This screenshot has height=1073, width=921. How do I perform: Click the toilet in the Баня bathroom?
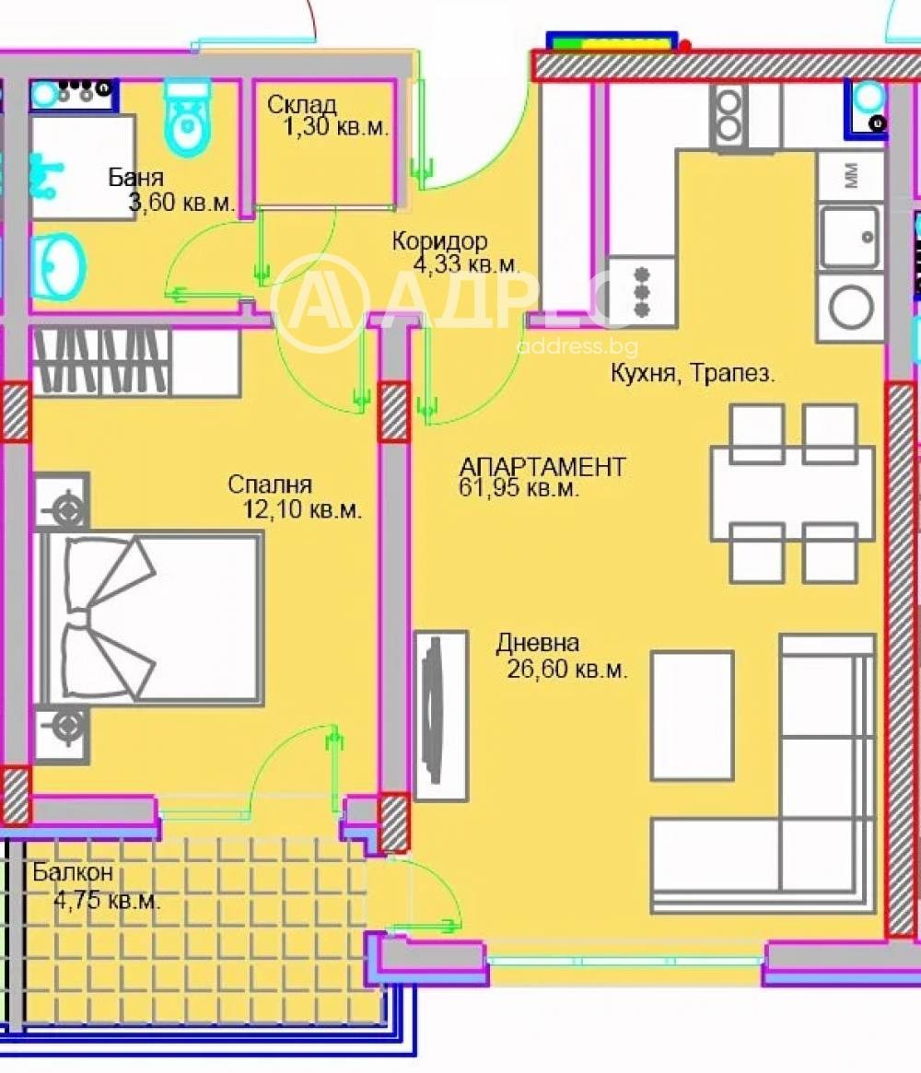[x=188, y=120]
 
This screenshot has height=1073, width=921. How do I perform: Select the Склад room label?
[x=301, y=105]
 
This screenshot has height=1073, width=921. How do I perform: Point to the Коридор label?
[x=439, y=242]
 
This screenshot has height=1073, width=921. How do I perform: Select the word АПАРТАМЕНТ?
[x=542, y=467]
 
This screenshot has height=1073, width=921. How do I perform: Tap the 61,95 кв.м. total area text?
[x=519, y=489]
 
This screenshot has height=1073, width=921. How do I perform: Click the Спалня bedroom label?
[x=270, y=485]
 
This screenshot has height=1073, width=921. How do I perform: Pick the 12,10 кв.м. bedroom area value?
[x=302, y=509]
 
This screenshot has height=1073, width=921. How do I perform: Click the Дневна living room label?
[x=538, y=643]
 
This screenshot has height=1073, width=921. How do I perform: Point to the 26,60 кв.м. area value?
[x=567, y=670]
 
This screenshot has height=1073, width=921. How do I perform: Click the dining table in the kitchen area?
[x=792, y=492]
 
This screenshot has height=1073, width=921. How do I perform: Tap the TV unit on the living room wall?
[x=441, y=716]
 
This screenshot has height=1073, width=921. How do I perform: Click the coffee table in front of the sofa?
[x=692, y=703]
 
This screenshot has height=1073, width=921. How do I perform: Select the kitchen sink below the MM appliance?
[x=849, y=236]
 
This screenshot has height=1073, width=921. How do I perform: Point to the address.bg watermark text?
[x=577, y=347]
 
